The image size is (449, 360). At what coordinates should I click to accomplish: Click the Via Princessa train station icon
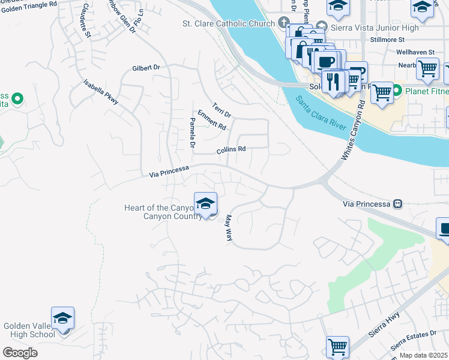pyautogui.click(x=397, y=204)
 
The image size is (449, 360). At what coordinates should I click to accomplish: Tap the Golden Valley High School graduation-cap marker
pyautogui.click(x=62, y=319)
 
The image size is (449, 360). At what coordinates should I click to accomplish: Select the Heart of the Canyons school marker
pyautogui.click(x=205, y=204)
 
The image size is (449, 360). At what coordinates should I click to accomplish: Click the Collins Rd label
pyautogui.click(x=232, y=149)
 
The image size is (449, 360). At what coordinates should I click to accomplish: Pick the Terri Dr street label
pyautogui.click(x=222, y=109)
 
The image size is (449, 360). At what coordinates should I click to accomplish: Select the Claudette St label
pyautogui.click(x=86, y=20)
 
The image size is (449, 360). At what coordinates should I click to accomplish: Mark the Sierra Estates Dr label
pyautogui.click(x=414, y=341)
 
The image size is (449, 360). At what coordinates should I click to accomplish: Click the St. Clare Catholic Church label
pyautogui.click(x=229, y=24)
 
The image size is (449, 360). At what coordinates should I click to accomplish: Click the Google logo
pyautogui.click(x=20, y=352)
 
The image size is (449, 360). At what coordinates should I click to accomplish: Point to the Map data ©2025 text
pyautogui.click(x=424, y=355)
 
